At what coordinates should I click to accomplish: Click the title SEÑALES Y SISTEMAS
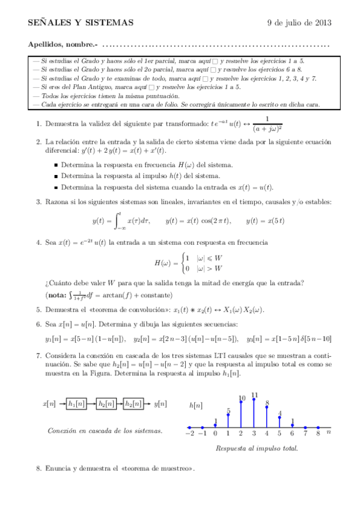click(81, 23)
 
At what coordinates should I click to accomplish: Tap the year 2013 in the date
click(322, 23)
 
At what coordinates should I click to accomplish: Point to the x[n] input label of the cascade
click(50, 404)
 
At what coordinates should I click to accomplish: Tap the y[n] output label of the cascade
click(160, 404)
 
